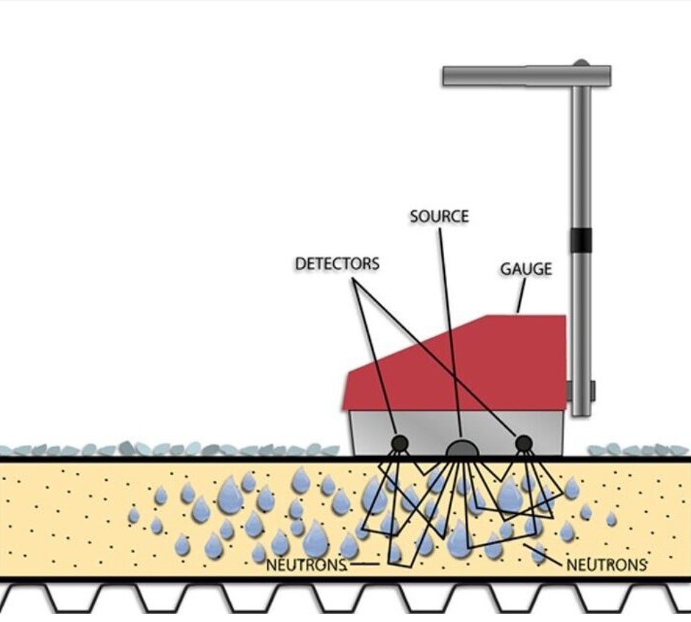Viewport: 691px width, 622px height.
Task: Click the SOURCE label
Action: click(439, 216)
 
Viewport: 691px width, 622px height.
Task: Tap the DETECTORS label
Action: click(337, 263)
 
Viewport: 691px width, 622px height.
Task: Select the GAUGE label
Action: click(526, 269)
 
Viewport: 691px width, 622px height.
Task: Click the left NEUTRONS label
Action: click(307, 564)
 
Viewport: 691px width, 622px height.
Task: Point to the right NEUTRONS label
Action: click(607, 564)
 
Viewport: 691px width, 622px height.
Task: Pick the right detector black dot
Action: click(524, 443)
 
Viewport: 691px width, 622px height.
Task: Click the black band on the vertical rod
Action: click(581, 240)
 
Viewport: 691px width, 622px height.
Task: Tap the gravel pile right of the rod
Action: click(637, 450)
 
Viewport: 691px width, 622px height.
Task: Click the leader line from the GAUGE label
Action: click(521, 296)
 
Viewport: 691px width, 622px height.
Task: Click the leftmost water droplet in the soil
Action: click(134, 515)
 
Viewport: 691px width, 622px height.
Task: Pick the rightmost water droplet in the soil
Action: click(611, 518)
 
